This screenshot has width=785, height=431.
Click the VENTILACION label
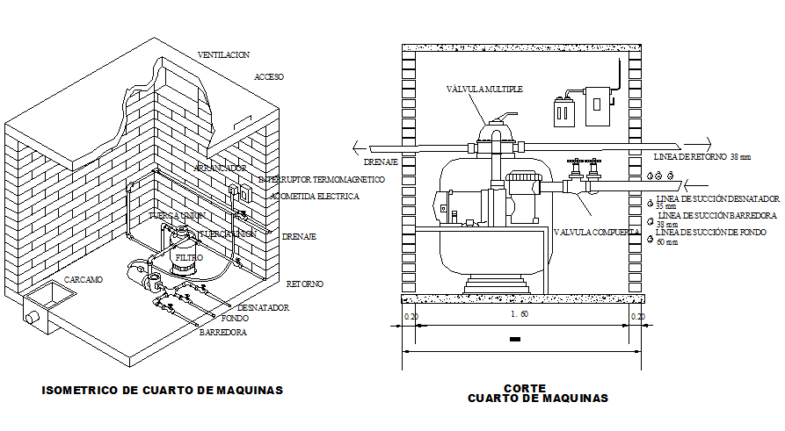click(x=224, y=54)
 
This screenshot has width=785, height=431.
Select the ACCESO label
click(x=269, y=77)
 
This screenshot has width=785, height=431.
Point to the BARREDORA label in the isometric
click(x=222, y=334)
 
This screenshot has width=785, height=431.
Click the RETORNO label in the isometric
click(x=305, y=284)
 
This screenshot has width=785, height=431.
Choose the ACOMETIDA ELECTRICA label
click(x=315, y=197)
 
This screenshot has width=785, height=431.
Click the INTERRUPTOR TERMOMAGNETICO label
click(x=322, y=179)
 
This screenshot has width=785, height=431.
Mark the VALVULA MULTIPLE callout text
click(x=484, y=89)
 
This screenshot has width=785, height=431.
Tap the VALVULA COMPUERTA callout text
click(x=595, y=232)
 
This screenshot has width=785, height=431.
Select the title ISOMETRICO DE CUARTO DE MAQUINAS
click(x=163, y=390)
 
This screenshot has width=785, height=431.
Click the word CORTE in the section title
click(x=525, y=387)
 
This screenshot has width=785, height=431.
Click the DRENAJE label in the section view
click(x=382, y=162)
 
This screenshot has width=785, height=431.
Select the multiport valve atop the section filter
click(x=494, y=132)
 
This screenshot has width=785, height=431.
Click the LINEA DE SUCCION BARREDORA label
click(x=716, y=215)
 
